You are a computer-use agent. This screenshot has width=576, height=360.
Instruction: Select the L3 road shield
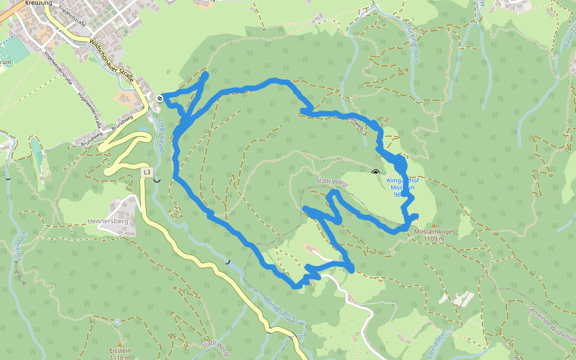147,172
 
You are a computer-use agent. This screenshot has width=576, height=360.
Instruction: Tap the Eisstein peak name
120,351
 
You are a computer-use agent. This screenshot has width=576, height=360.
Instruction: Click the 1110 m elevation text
120,358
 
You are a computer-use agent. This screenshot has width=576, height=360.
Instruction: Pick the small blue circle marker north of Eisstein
116,322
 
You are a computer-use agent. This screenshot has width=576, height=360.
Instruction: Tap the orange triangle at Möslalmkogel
434,225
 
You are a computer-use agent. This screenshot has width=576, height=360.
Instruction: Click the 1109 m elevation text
433,239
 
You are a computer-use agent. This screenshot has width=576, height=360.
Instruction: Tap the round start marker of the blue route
160,98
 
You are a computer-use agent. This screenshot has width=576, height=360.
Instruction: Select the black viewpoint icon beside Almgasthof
376,173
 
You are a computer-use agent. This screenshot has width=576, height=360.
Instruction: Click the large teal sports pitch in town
17,50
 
